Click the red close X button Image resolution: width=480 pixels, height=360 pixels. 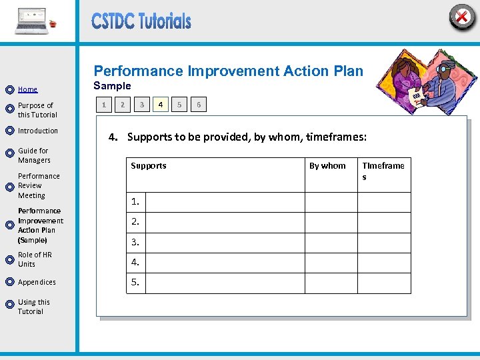pos(461,17)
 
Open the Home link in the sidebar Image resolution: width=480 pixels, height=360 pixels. pos(28,89)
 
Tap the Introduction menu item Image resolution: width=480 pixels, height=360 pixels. pos(38,131)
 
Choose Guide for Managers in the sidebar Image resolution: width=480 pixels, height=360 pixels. pos(34,155)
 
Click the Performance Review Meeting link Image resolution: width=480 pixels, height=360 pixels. pos(39,186)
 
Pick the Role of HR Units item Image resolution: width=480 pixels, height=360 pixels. pos(35,259)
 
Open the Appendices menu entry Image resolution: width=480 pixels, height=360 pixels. pos(37,282)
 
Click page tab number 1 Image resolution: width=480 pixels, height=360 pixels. pos(103,105)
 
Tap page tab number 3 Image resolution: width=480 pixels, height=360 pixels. pos(141,105)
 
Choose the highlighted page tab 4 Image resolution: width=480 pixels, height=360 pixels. pos(160,105)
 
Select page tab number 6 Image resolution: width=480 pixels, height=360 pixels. pos(199,105)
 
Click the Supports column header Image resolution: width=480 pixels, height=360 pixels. pos(149,166)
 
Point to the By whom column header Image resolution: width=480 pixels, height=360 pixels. pos(327,166)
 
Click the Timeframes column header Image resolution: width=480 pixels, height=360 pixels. pos(383,171)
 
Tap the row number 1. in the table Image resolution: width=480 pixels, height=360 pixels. pos(135,201)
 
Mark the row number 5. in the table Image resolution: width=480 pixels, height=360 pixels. pos(135,283)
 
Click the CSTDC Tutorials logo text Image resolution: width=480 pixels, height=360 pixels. pos(141,21)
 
